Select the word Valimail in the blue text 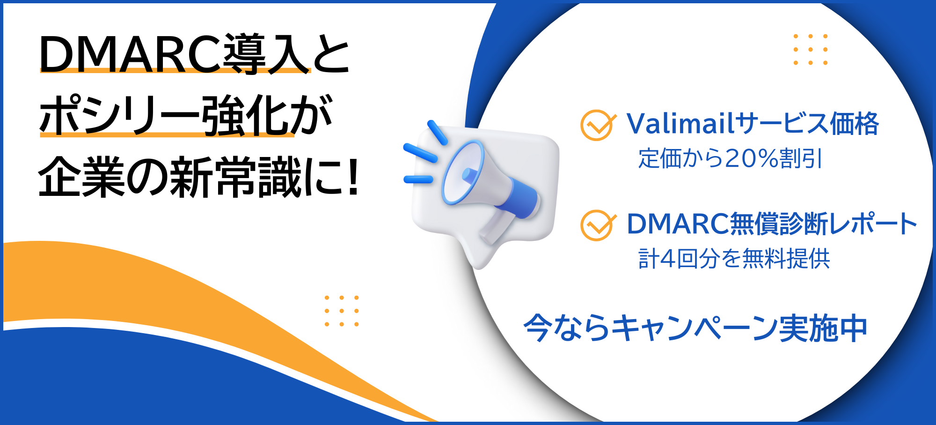(x=680, y=124)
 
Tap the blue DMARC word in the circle (x=677, y=224)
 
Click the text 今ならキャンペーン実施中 (x=695, y=328)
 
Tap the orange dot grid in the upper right (x=811, y=49)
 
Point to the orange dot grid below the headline (x=342, y=311)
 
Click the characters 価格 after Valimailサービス (x=854, y=124)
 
